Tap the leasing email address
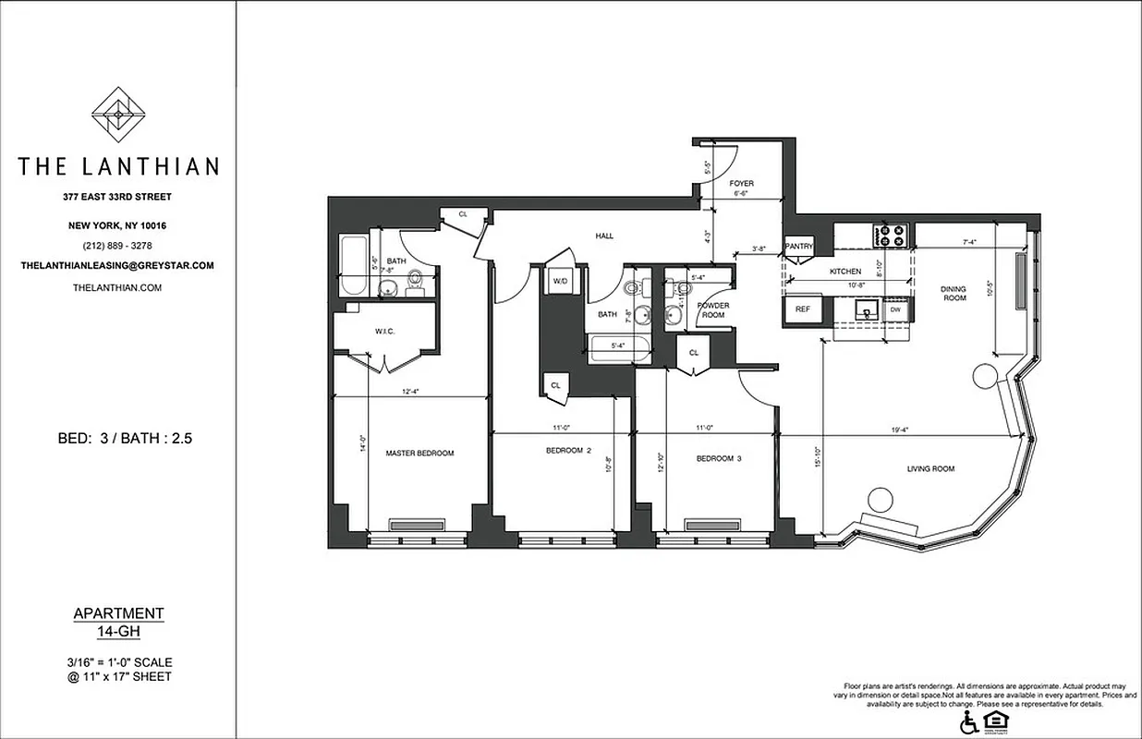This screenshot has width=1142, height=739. (117, 265)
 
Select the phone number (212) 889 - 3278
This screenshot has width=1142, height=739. (117, 246)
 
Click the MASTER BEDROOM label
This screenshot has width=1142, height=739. (419, 453)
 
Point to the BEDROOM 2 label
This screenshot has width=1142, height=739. (563, 451)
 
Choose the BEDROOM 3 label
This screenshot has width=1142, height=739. (719, 459)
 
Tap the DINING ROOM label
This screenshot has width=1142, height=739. (954, 293)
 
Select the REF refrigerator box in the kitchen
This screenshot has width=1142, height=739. (803, 309)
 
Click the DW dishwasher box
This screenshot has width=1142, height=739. (895, 310)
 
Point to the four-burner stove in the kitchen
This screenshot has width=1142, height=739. (892, 236)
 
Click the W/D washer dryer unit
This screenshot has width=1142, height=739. (561, 281)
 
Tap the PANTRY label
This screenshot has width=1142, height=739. (798, 247)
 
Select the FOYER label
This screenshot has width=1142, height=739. (742, 184)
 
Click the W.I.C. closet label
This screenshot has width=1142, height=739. (385, 332)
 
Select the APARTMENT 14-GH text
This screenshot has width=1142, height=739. (117, 622)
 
